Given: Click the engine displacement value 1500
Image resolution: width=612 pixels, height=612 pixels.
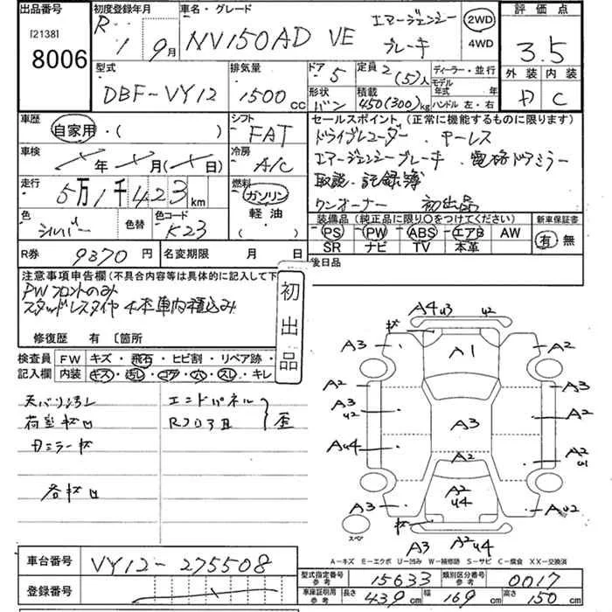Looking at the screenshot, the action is click(261, 94).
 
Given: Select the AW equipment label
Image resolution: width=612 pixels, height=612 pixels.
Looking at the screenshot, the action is click(510, 233).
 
